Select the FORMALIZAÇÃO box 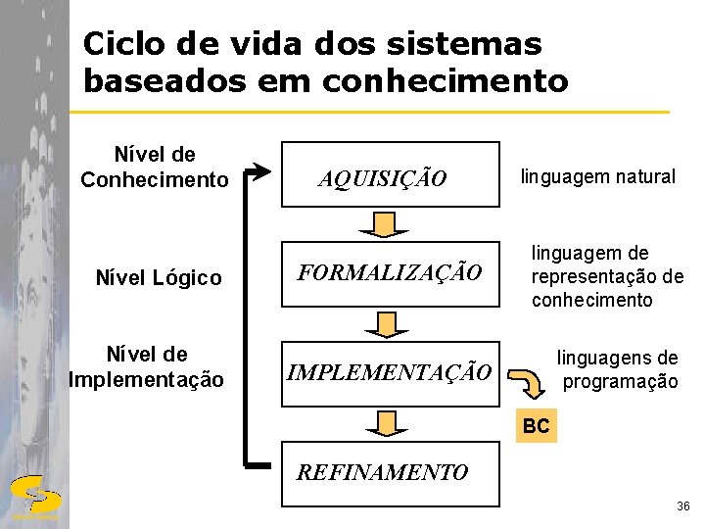tap(390, 272)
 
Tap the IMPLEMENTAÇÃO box tap(389, 372)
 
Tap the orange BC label tap(536, 426)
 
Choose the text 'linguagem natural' tap(597, 176)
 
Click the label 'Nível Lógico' tap(159, 278)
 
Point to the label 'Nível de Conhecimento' tap(154, 167)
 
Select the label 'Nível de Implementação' tap(147, 366)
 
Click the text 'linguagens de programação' tap(618, 369)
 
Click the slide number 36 tap(682, 506)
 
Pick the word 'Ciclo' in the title tap(116, 44)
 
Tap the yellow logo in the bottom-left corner tap(34, 496)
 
